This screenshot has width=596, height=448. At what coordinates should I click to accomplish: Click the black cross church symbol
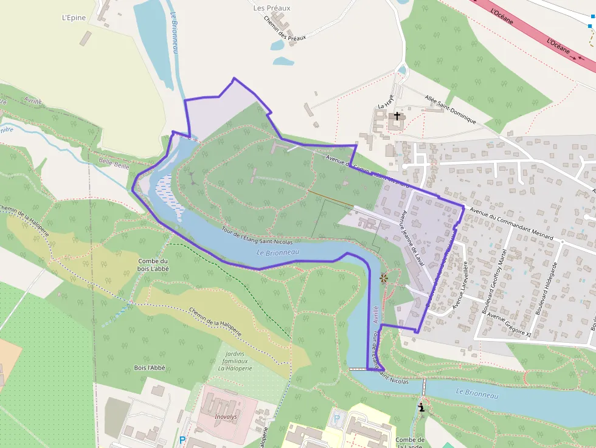[x=397, y=115]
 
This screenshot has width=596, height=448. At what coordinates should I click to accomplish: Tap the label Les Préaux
[x=271, y=8]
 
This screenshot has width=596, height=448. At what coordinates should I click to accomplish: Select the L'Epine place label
[x=74, y=18]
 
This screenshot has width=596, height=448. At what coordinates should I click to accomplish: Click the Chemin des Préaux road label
[x=284, y=28]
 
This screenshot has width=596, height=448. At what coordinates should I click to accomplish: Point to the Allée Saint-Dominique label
[x=450, y=109]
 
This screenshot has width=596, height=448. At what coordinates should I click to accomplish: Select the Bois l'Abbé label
[x=150, y=368]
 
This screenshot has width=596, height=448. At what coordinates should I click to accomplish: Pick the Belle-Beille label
[x=113, y=162]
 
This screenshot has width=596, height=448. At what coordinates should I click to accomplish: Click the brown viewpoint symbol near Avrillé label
[x=384, y=278]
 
